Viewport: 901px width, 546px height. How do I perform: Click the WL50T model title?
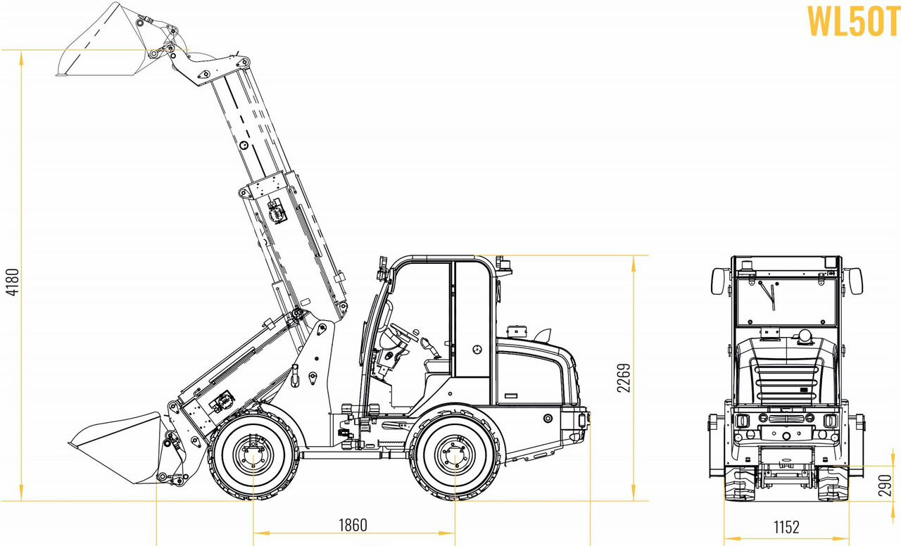pos(853,22)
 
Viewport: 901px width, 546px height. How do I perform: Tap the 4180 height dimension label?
pos(13,282)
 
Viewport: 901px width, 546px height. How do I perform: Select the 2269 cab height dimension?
pos(624,378)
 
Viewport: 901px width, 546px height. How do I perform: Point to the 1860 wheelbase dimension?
pos(353,525)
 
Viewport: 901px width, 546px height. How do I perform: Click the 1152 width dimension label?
pos(786,527)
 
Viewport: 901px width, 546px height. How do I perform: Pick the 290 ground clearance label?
pos(886,485)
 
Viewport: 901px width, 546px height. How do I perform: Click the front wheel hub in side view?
pos(253,455)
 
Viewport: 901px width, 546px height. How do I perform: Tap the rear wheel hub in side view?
pos(455,455)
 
